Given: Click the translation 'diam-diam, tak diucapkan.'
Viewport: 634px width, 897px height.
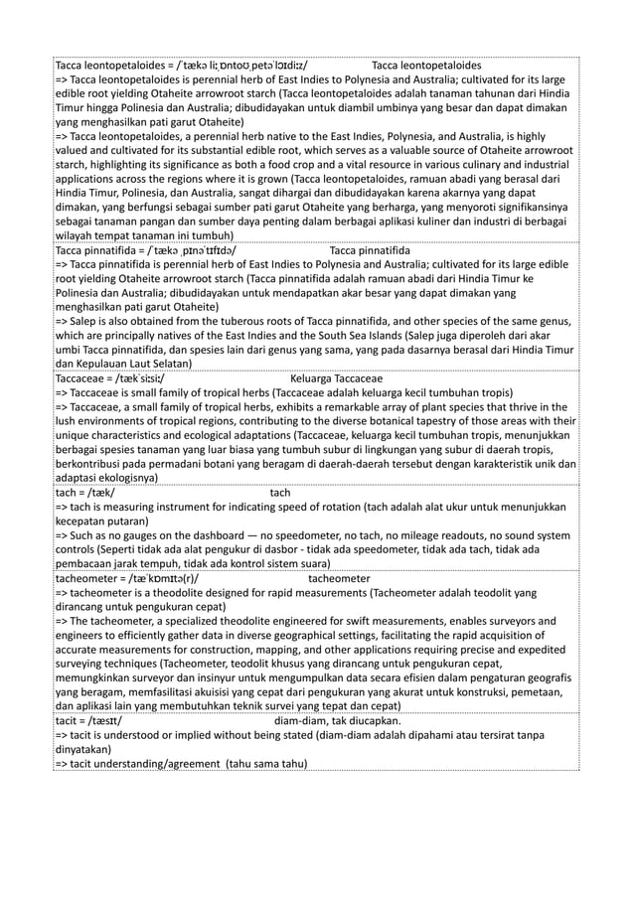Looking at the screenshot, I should (338, 720).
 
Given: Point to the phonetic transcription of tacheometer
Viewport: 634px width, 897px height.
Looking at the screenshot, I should (160, 577).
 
